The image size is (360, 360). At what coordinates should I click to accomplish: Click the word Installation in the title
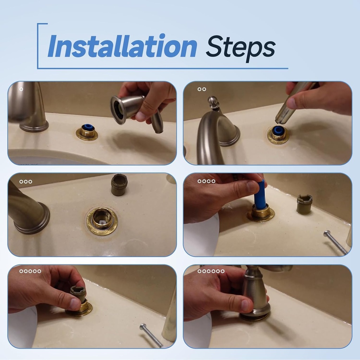(122, 46)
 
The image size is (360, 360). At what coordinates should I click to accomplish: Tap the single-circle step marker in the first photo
(21, 89)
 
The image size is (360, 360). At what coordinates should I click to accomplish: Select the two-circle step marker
(202, 89)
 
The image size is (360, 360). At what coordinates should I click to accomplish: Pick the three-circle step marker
(26, 182)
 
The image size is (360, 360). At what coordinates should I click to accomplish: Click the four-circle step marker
(206, 181)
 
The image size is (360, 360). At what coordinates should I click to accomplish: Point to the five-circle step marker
(30, 271)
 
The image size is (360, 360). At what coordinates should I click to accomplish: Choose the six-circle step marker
(211, 271)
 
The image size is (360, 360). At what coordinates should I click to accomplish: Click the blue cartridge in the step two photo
(278, 130)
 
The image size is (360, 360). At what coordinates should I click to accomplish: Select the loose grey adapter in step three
(119, 185)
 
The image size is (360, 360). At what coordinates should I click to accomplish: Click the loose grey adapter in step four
(304, 204)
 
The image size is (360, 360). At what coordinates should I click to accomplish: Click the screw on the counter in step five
(151, 335)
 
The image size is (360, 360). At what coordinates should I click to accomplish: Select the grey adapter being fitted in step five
(78, 294)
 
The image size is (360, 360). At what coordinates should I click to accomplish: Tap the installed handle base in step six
(256, 299)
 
